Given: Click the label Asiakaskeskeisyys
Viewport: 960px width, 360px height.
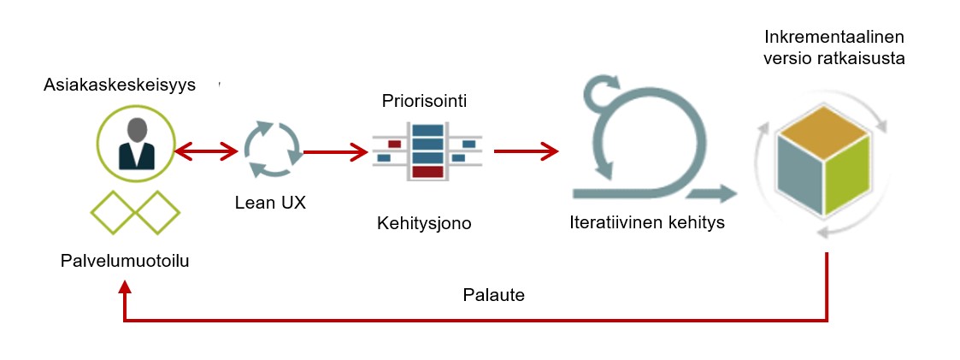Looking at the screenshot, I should (120, 86).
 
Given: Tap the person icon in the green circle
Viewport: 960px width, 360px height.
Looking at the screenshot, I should (136, 143).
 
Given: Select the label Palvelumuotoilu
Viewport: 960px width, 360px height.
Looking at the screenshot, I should (125, 261).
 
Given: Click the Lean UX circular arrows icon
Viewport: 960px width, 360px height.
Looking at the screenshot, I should (272, 150).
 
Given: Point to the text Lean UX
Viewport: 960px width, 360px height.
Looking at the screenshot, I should (270, 204).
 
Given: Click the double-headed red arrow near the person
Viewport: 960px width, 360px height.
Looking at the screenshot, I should (206, 152).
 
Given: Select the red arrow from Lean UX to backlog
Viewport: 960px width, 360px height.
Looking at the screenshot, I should (335, 152).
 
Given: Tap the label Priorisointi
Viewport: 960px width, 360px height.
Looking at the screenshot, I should (424, 101).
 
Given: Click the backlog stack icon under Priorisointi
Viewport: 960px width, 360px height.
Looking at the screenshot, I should (427, 150).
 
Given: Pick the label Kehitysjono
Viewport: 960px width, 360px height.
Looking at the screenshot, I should (424, 224).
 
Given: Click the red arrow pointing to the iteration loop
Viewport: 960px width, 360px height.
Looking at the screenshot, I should (525, 152).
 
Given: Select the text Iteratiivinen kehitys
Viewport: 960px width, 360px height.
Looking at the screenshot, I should (647, 224).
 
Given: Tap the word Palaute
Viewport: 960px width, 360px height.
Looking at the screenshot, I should (493, 296).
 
